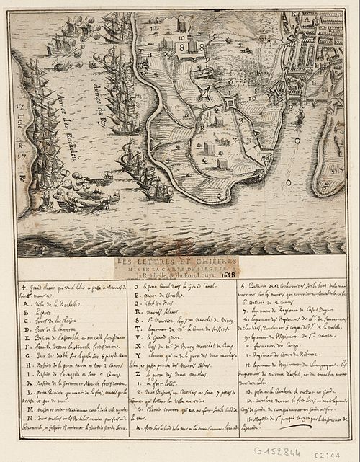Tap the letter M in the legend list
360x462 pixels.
24,409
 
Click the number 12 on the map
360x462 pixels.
153,30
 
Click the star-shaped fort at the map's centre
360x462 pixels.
230,105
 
